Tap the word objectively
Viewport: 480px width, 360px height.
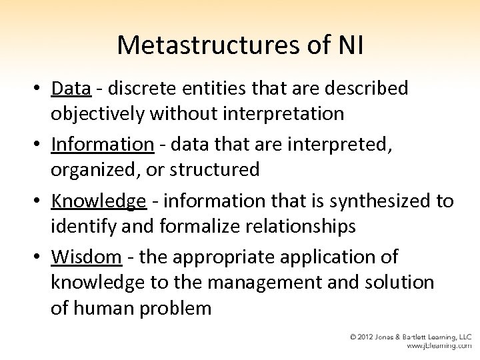click(98, 113)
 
